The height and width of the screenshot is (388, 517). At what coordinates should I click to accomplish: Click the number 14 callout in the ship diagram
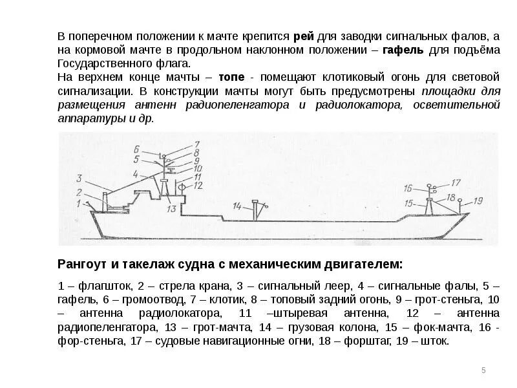point(237,206)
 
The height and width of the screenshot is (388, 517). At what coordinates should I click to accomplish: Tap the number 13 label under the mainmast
point(171,209)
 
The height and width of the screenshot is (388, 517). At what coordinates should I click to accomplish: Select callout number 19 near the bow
point(478,200)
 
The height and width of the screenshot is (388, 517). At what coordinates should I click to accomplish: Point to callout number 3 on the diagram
point(78,177)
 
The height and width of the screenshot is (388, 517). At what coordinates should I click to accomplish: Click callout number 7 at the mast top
point(197,144)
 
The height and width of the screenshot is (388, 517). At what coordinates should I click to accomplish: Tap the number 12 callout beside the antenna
point(198,185)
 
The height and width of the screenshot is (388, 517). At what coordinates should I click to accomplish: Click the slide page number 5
point(483,370)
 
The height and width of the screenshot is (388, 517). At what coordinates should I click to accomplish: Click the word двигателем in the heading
point(368,264)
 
